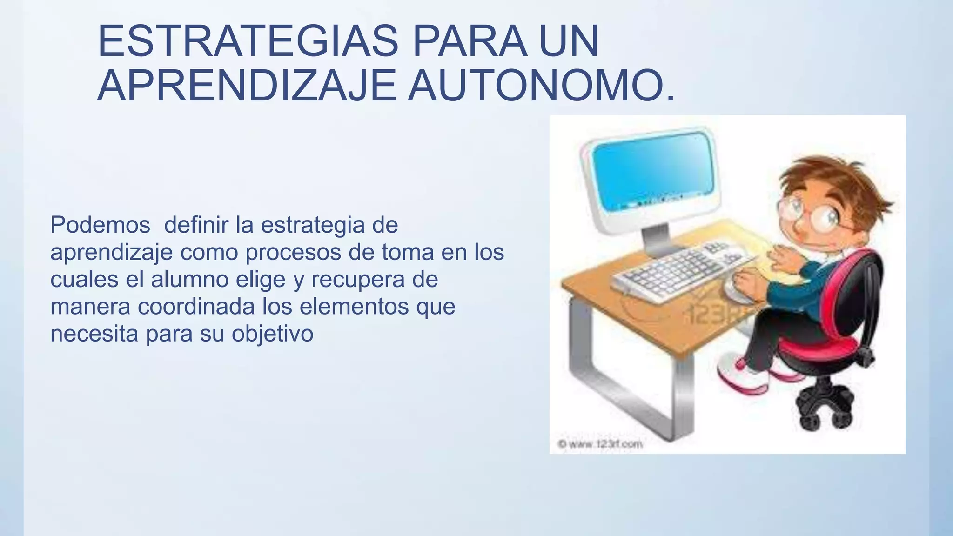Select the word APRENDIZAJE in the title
[247, 86]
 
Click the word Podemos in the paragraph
[100, 225]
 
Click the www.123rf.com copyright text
[600, 444]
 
